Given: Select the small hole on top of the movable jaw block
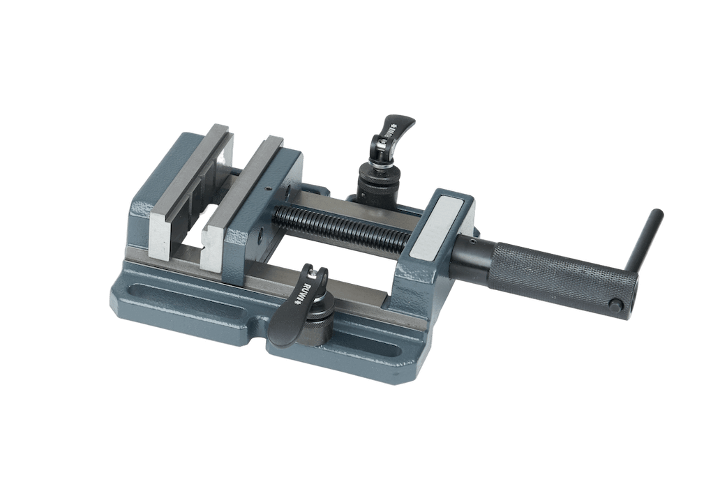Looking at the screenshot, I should point(269,187).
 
